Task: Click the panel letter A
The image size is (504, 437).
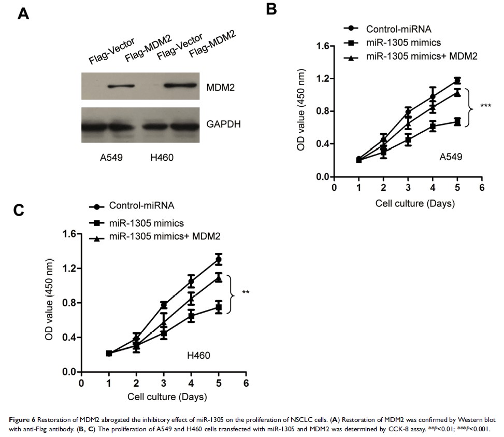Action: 23,13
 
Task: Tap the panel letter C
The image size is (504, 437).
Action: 19,210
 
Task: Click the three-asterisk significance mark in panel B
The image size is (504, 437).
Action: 485,106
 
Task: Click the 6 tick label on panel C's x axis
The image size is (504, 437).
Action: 246,384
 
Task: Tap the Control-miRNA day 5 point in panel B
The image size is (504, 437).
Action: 457,80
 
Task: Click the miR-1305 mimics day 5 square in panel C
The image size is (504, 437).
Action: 219,307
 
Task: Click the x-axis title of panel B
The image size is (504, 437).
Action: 415,203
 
